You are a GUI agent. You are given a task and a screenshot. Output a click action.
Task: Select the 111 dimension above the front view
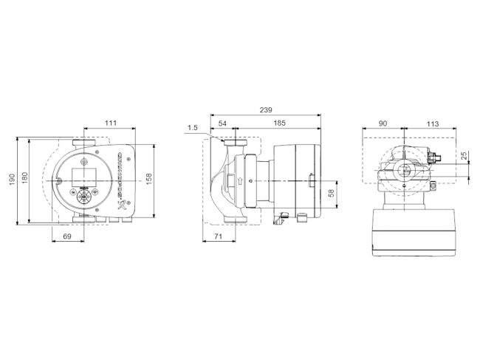coord(111,123)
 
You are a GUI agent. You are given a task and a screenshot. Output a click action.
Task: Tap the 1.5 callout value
coord(193,128)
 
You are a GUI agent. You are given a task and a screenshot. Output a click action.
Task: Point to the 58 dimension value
coord(332,193)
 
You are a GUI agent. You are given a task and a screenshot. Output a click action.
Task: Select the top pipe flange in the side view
coord(238,143)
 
